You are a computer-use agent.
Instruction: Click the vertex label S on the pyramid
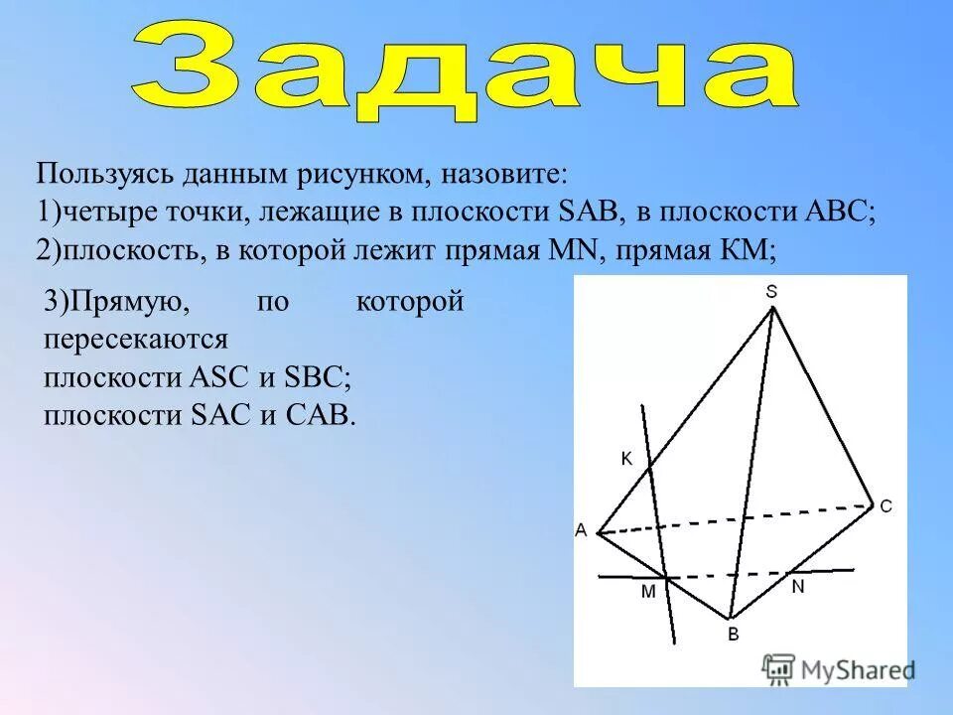point(771,291)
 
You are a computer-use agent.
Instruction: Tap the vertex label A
point(581,531)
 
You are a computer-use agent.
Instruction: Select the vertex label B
point(733,635)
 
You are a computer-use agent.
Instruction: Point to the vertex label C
point(885,506)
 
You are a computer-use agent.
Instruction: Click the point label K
point(626,459)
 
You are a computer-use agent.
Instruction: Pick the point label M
point(648,592)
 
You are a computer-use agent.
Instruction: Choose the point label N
point(797,587)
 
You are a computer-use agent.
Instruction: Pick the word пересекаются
point(136,340)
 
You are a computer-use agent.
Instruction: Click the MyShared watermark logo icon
point(779,668)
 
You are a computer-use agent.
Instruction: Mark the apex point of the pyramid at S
point(773,309)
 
